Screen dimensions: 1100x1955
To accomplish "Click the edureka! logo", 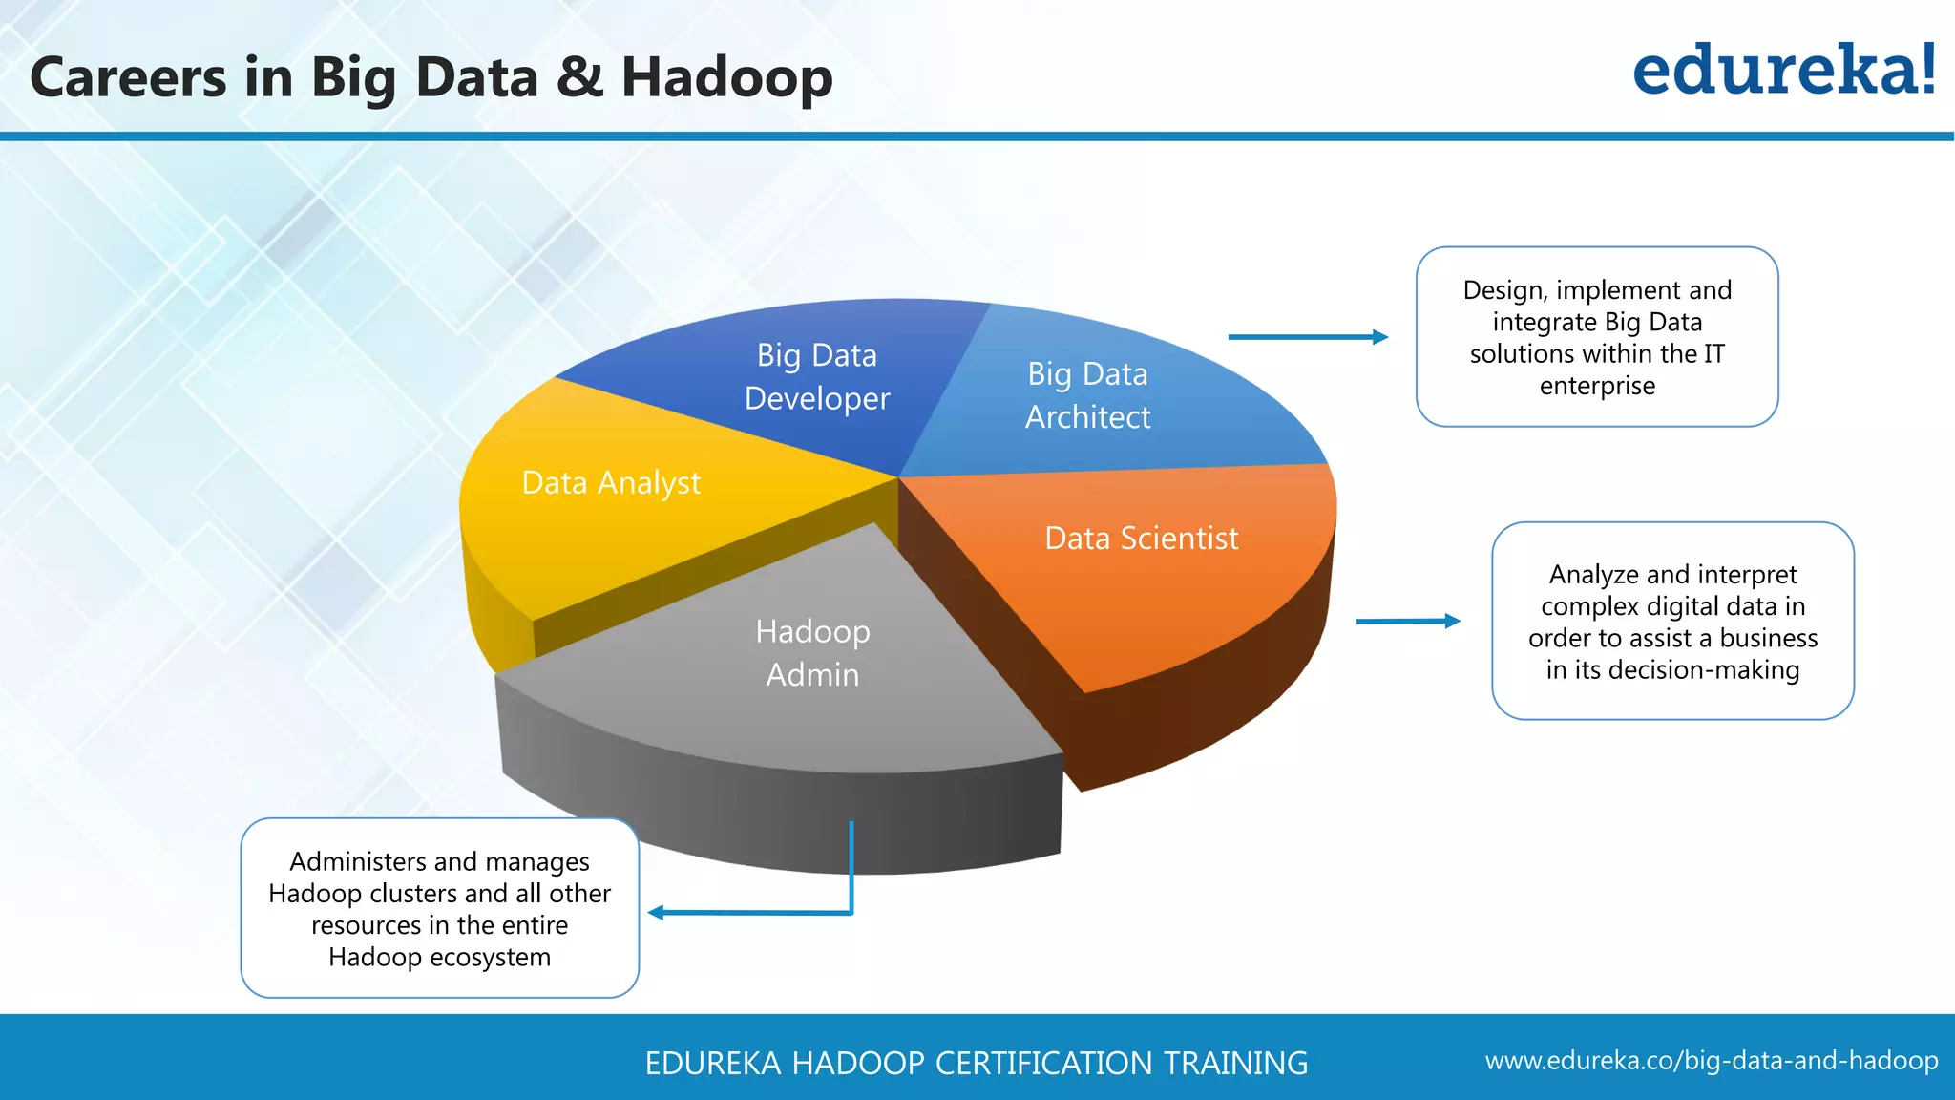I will (1783, 71).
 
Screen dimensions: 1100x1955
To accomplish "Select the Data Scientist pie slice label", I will (1142, 539).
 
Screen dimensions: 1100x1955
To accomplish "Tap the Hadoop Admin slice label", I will (812, 653).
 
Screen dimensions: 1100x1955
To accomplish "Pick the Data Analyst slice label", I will (611, 483).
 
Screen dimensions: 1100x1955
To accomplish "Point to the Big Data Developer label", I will (817, 376).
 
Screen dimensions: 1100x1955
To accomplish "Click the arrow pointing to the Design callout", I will (1308, 337).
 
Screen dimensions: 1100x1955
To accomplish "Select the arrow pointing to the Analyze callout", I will (1408, 621).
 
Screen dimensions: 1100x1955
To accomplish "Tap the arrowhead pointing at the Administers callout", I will (657, 913).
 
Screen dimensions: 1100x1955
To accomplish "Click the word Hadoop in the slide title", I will (726, 78).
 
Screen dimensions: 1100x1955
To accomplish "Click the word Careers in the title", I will (129, 78).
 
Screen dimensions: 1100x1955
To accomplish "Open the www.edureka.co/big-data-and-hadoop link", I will (1711, 1061).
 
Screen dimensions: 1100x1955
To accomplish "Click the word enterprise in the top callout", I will (1597, 386).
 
